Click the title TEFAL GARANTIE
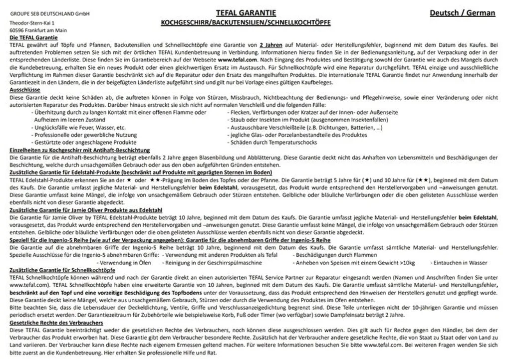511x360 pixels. point(246,13)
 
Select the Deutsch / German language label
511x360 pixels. point(462,13)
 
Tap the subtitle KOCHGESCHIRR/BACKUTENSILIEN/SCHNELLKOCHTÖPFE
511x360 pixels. point(246,23)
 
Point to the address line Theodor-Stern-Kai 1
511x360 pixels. point(32,23)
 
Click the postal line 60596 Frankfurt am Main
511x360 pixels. point(39,30)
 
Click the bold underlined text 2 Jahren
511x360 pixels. point(270,45)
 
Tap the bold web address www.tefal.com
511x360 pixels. point(238,59)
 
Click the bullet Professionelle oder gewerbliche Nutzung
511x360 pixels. point(79,135)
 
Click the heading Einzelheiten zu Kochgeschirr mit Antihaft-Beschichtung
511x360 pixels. point(80,150)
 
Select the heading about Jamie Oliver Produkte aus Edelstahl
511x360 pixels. point(86,210)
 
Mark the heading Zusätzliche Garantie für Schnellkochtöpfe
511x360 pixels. point(62,270)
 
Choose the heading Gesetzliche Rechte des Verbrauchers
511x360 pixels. point(56,323)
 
